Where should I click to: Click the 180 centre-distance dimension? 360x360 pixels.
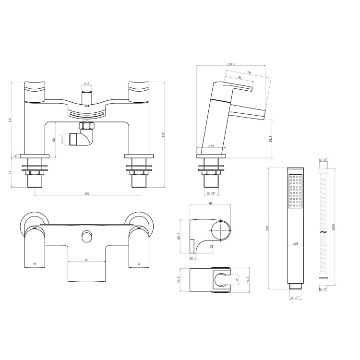click(x=87, y=193)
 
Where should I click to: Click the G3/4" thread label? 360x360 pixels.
click(x=211, y=193)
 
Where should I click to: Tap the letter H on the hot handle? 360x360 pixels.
click(x=34, y=264)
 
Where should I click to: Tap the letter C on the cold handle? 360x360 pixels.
click(x=139, y=264)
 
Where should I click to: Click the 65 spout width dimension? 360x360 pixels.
click(x=86, y=260)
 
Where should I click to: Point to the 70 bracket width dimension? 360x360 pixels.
click(x=210, y=204)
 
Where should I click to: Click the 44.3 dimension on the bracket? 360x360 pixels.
click(x=246, y=280)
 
